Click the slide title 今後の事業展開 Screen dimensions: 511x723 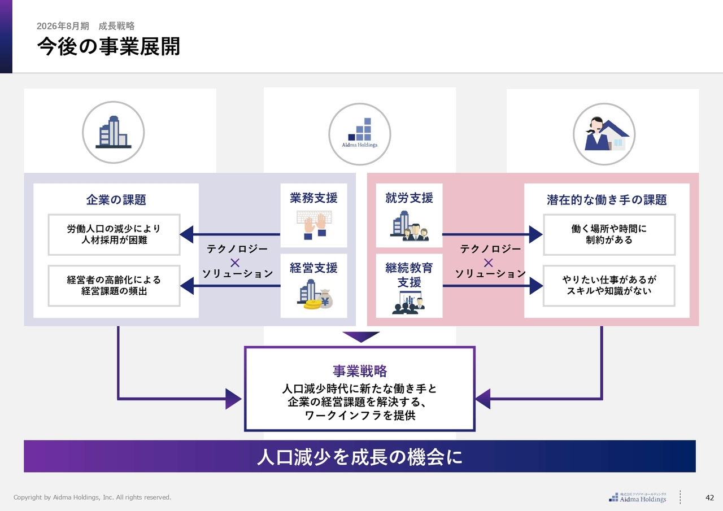[108, 47]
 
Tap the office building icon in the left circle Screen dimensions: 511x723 [114, 132]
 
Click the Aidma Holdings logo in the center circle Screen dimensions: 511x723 [360, 133]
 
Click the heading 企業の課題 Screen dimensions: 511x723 [116, 200]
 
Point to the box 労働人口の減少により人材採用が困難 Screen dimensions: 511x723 [114, 234]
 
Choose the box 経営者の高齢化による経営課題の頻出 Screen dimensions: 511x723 [114, 286]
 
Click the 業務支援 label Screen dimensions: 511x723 [313, 198]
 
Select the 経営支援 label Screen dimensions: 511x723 [313, 268]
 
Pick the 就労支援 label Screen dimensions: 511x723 [410, 198]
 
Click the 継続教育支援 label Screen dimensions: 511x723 [410, 274]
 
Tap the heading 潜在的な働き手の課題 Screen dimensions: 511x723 [607, 200]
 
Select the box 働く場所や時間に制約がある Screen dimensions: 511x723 [609, 234]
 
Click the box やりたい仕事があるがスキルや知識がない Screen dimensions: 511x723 [609, 286]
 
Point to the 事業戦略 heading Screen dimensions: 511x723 [360, 371]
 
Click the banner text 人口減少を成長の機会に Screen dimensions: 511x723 [360, 457]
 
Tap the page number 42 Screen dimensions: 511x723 [710, 497]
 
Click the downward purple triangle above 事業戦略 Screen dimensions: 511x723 [361, 336]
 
